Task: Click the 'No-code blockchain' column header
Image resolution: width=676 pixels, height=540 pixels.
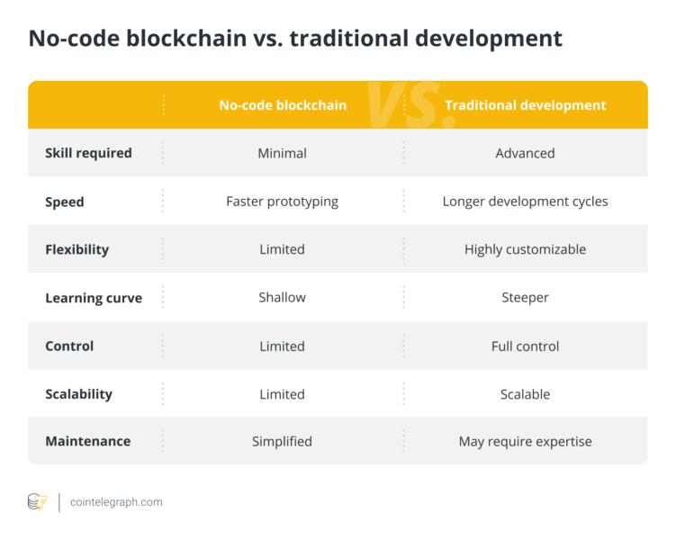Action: (x=283, y=105)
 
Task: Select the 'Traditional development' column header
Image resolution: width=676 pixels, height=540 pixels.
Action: (x=526, y=105)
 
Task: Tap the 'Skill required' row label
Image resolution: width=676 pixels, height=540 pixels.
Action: (x=88, y=153)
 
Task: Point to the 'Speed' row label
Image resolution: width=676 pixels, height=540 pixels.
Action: (x=65, y=202)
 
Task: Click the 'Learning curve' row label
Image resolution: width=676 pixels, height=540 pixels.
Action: (x=94, y=298)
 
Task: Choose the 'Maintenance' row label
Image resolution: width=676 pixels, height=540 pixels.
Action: (x=88, y=441)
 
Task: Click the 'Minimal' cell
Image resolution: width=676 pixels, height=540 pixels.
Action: (x=283, y=153)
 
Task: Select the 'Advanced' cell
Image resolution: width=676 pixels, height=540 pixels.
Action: (x=525, y=153)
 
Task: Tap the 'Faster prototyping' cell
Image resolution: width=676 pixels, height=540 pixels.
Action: (x=283, y=202)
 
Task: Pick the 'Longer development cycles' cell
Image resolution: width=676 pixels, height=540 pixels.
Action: (x=525, y=202)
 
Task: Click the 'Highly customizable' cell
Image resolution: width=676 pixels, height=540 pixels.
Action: (x=525, y=249)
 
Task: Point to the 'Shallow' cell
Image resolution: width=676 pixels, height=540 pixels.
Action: (x=283, y=297)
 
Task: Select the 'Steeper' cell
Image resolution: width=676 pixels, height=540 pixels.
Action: (x=525, y=298)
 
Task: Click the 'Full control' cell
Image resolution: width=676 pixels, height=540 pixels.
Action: (x=525, y=346)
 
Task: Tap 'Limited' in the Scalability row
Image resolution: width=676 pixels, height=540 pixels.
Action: (x=283, y=394)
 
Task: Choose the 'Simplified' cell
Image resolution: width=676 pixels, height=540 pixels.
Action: (x=283, y=442)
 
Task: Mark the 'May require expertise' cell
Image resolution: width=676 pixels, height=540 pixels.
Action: (x=525, y=442)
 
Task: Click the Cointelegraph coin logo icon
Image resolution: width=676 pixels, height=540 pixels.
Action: (x=38, y=502)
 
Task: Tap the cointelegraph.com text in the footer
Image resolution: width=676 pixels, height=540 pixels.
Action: (x=116, y=502)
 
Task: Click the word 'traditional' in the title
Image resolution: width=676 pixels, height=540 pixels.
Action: (x=348, y=39)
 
